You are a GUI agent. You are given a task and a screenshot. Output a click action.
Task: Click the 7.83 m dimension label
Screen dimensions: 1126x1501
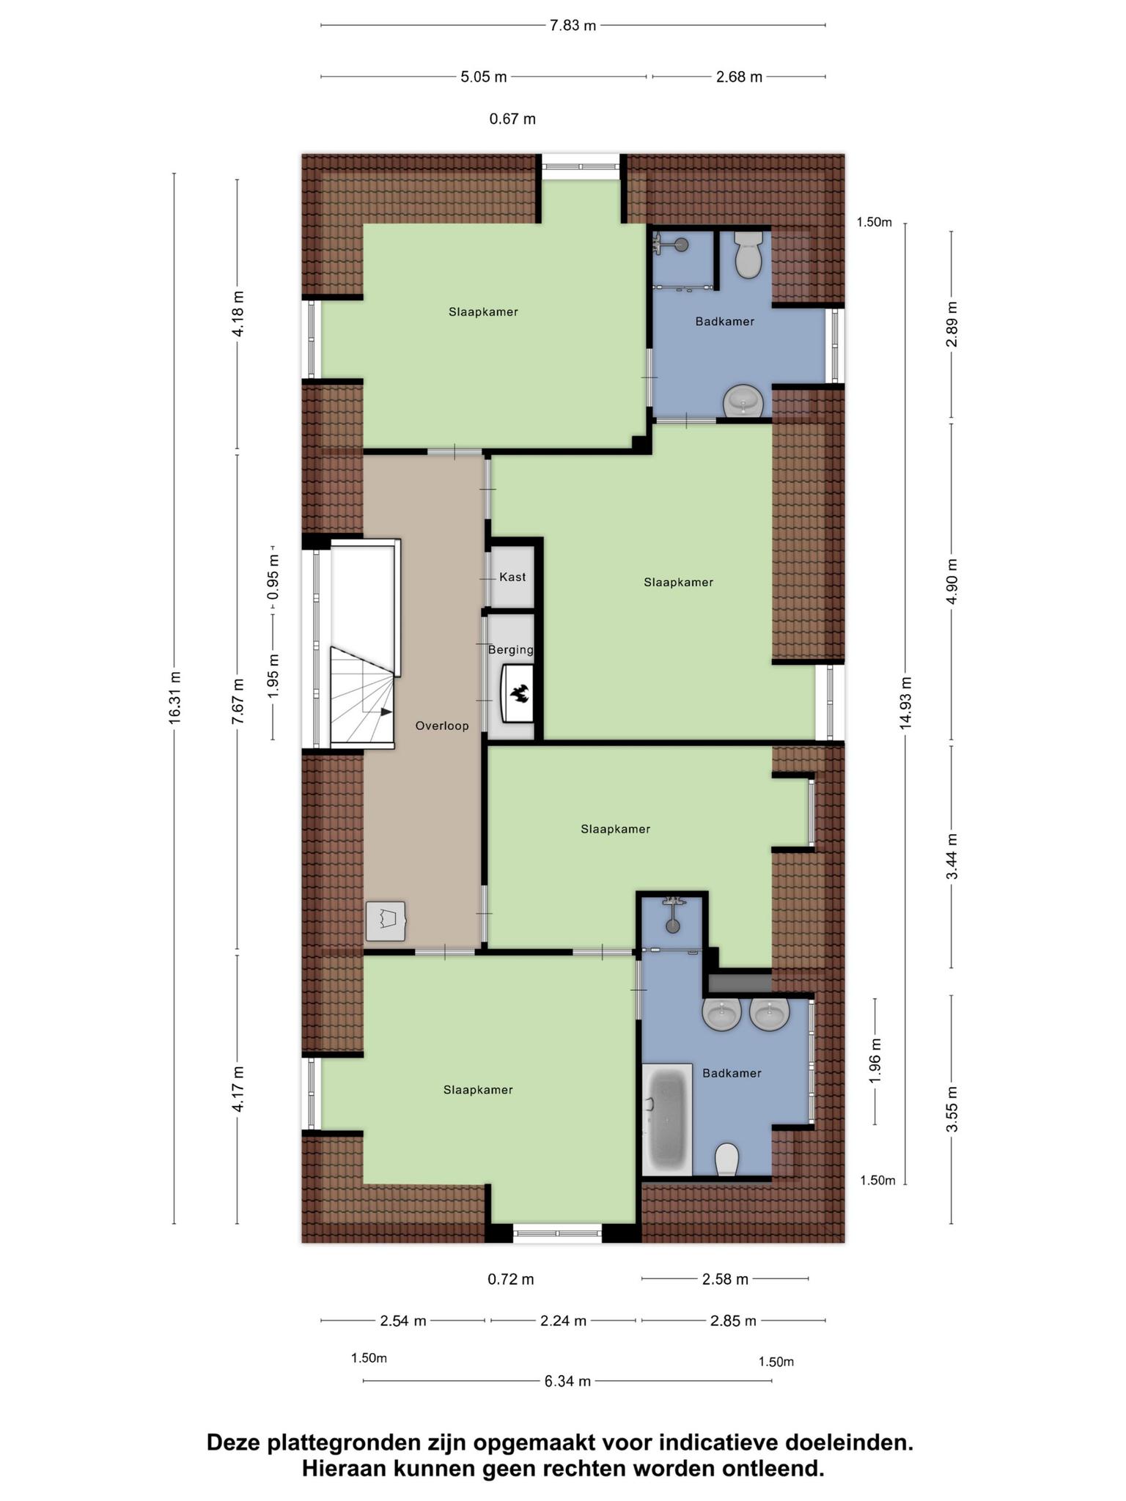point(573,26)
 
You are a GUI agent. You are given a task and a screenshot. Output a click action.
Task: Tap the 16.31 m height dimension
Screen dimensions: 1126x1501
point(174,698)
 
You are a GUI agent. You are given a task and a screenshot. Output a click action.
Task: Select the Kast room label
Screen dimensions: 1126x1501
point(512,577)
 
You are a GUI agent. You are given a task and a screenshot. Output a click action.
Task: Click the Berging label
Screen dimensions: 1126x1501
point(511,649)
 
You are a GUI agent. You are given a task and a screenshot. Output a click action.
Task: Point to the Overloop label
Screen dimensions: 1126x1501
point(442,726)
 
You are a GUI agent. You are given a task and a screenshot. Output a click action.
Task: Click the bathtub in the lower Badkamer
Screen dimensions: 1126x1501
point(667,1119)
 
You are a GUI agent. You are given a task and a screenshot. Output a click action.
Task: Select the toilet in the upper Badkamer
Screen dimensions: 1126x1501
point(748,254)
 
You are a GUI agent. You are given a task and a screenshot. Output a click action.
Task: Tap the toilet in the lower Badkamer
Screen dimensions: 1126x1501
point(726,1159)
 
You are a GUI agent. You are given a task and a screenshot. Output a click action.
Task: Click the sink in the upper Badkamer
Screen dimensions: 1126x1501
point(743,402)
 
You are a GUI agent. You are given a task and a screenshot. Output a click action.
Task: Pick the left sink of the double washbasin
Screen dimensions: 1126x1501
point(723,1014)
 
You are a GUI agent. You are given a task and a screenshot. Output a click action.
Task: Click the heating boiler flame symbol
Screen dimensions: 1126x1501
point(520,693)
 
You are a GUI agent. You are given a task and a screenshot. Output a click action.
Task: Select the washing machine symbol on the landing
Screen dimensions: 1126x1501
point(386,921)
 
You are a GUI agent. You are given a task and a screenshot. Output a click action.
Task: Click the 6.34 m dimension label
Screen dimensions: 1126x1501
point(567,1382)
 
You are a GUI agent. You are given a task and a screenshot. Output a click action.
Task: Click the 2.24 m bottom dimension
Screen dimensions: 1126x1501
point(563,1321)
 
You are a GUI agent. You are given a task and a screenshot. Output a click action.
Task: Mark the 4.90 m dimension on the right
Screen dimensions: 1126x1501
point(952,581)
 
